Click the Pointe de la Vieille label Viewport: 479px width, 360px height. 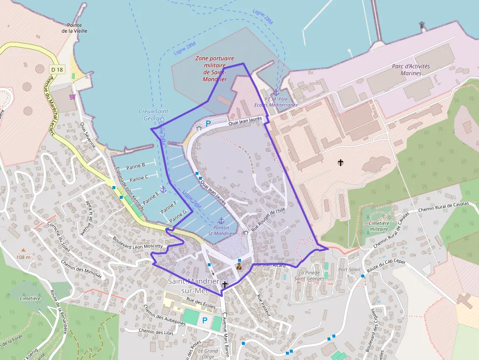tap(71, 28)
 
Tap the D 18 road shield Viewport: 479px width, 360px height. tap(56, 69)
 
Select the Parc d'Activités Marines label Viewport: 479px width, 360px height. tap(411, 70)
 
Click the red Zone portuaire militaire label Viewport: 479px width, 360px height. tap(215, 68)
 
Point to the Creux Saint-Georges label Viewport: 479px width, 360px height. tap(153, 115)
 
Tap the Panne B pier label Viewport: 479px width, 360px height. tap(135, 166)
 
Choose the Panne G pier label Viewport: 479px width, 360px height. tap(177, 216)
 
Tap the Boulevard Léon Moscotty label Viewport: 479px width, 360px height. tap(137, 243)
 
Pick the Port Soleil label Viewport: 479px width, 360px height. tap(349, 270)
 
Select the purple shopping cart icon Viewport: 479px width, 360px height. tap(73, 97)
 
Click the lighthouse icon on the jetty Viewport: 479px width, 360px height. tap(422, 25)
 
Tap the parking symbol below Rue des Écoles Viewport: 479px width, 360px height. tap(205, 320)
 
